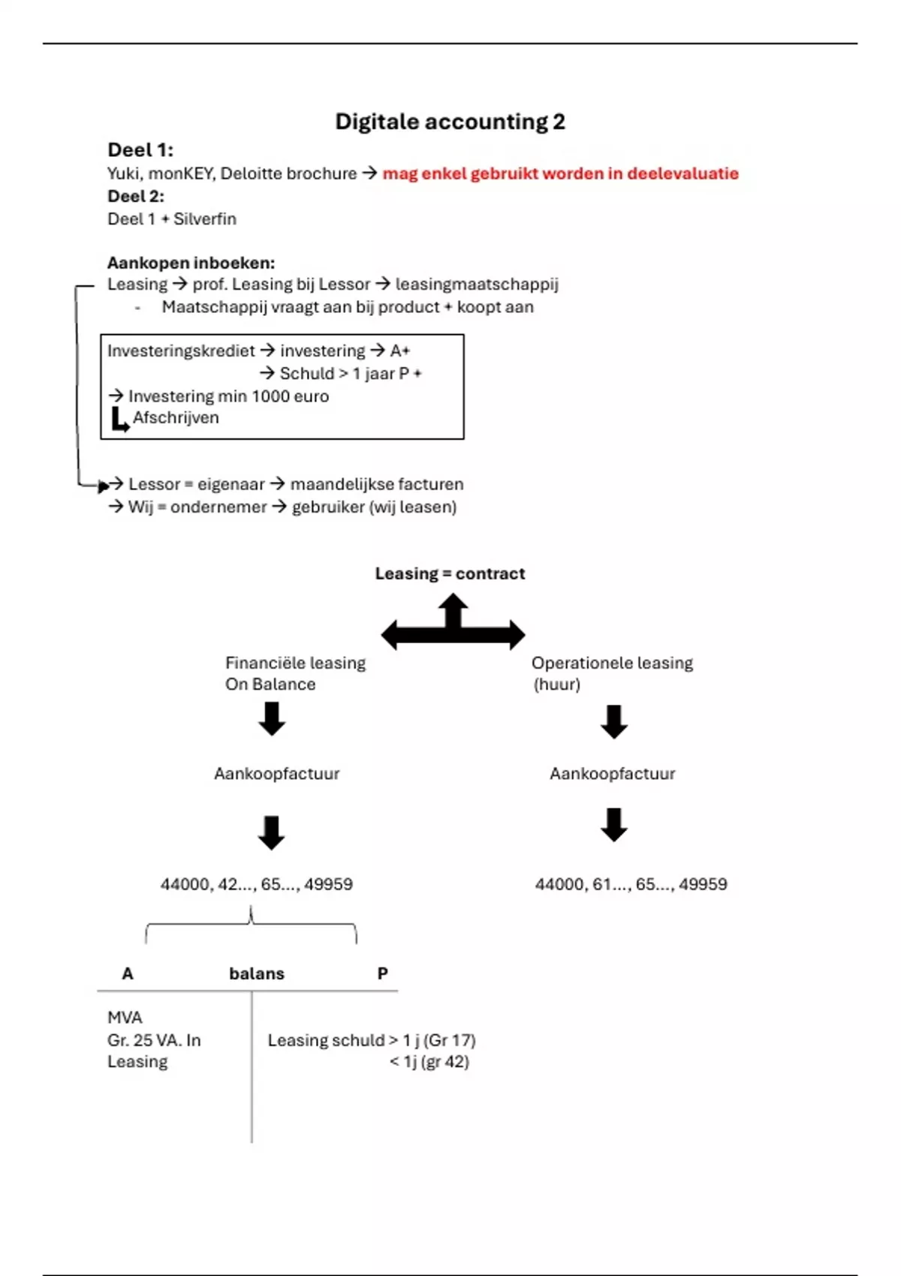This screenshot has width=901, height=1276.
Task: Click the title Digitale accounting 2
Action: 450,122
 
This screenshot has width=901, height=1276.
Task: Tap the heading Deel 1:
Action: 140,149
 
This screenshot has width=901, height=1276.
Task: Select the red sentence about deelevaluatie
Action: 560,173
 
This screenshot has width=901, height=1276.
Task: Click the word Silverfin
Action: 204,219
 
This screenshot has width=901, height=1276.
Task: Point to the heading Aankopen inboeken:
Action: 191,263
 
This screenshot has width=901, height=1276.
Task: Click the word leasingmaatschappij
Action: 477,284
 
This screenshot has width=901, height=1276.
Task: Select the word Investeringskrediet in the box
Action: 181,351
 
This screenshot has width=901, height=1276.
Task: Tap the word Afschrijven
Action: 176,418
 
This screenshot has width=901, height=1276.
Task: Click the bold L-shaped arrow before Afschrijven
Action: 119,420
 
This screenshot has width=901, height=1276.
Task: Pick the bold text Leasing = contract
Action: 450,573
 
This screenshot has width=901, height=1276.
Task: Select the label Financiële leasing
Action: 295,663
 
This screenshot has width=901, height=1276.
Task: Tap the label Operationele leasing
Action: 612,663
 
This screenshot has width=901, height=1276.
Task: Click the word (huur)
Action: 556,685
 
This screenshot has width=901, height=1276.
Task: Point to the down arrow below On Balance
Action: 272,718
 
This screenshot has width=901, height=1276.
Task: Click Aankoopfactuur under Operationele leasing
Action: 612,774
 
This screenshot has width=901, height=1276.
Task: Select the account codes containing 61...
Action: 631,884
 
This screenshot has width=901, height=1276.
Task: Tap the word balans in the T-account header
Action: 257,974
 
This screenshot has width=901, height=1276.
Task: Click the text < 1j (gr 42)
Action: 429,1062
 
